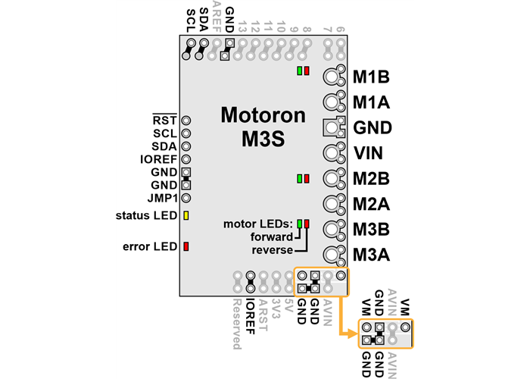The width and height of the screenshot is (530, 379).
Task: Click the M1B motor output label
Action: [371, 77]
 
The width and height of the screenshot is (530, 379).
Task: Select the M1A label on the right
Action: [371, 102]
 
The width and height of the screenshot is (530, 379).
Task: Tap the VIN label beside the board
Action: [369, 154]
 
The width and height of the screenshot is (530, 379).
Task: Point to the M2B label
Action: [371, 180]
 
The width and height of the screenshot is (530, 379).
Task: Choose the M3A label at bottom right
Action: [371, 255]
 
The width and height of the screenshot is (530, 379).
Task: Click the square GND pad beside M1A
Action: [331, 127]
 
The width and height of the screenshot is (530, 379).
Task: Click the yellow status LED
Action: [185, 216]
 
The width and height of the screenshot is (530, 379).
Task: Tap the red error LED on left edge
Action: [185, 246]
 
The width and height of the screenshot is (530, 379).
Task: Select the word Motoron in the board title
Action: [263, 115]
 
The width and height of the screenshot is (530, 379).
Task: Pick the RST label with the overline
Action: [164, 121]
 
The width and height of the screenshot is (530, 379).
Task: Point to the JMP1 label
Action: [162, 198]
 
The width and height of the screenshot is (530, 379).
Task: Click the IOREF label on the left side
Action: [159, 159]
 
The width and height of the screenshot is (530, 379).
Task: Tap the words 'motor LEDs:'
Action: [258, 224]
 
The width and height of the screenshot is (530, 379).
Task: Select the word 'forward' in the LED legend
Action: [272, 236]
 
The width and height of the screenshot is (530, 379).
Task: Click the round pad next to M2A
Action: [332, 204]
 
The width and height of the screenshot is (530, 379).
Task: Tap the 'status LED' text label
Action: [147, 216]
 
